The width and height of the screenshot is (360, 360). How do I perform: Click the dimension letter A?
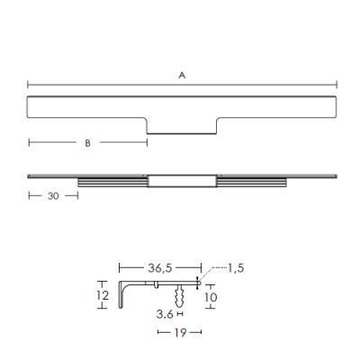182,76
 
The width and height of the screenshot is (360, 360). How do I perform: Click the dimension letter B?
87,143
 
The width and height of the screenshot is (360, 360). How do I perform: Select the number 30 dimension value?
53,196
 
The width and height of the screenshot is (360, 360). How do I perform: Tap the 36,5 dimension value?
159,268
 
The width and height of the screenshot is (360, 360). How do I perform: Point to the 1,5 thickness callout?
236,268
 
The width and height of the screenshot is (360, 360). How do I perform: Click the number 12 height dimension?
103,295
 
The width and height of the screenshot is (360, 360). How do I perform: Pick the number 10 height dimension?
211,297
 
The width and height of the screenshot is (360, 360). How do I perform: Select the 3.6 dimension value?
165,314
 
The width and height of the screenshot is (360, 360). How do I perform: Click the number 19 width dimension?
180,332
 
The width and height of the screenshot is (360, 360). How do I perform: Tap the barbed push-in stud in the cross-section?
179,296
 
